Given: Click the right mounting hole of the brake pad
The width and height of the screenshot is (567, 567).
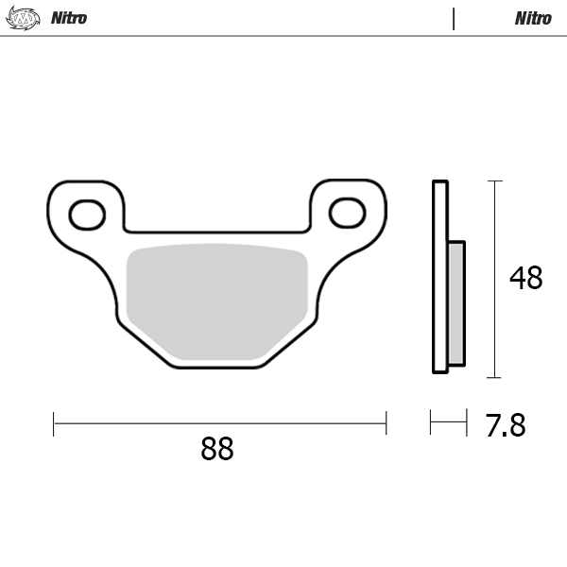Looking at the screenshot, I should (x=347, y=213).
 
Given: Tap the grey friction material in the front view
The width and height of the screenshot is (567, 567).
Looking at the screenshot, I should (x=217, y=301).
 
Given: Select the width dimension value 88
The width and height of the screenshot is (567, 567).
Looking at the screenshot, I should (x=217, y=449).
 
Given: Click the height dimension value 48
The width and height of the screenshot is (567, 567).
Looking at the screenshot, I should (x=525, y=279).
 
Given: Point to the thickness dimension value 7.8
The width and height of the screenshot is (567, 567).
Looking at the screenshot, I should (x=505, y=426).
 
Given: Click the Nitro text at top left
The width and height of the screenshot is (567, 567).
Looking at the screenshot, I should (x=68, y=18).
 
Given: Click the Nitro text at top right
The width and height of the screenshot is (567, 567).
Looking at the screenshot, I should (x=533, y=18).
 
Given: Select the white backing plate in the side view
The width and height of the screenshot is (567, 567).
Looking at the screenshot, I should (x=439, y=276).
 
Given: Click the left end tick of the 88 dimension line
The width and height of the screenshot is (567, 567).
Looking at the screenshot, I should (x=54, y=422).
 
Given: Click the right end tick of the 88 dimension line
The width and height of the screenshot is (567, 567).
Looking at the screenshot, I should (x=386, y=422).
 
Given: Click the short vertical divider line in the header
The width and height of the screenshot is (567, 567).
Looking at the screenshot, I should (x=454, y=18).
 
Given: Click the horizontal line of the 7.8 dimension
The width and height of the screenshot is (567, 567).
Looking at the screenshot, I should (x=449, y=422).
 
